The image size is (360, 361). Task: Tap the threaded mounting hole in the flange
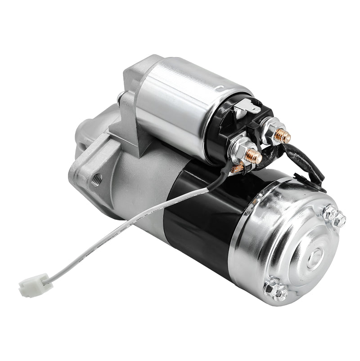coord(96,180)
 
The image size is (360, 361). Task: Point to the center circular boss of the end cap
coord(315,256)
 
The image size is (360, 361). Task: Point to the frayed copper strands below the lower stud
coord(237,169)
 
